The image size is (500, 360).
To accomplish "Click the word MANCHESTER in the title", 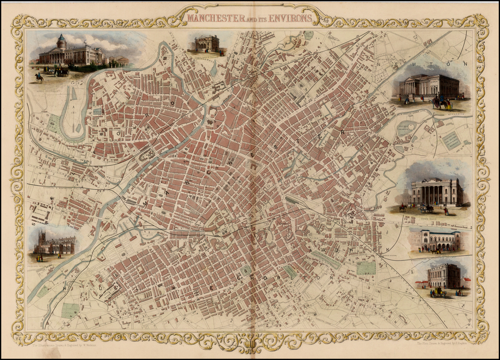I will coord(217,19).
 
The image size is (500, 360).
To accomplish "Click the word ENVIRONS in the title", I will coord(290,19).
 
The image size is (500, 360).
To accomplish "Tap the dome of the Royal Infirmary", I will coord(62,41).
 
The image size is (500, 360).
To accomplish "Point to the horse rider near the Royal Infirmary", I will coord(39,77).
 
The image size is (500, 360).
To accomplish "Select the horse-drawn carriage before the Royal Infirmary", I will coord(61,72).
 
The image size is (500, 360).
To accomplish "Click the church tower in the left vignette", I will coord(42,240).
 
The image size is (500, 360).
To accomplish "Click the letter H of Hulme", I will coord(64,288).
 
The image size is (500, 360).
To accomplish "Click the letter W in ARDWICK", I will coord(354,250).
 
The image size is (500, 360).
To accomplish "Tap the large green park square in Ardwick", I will coord(366,268).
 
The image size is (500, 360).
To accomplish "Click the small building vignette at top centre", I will coord(207,43).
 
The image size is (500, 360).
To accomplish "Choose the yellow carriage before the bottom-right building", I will coord(438,291).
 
